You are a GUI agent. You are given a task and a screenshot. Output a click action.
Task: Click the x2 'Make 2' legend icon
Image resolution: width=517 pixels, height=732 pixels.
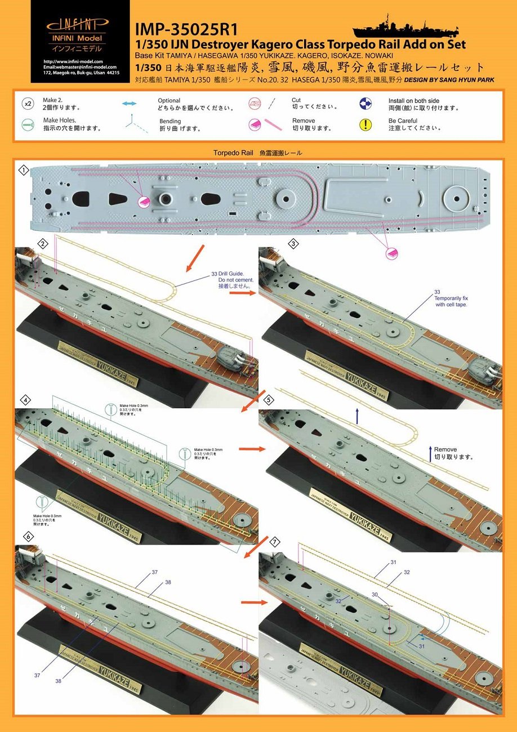point(28,104)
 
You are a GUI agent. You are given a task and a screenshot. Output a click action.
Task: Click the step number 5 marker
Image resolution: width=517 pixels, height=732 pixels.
point(269,399)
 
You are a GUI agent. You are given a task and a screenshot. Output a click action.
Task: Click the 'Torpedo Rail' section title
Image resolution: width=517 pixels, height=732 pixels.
point(258,153)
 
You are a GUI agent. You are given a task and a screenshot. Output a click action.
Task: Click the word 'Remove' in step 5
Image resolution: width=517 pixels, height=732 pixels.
point(445,449)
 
